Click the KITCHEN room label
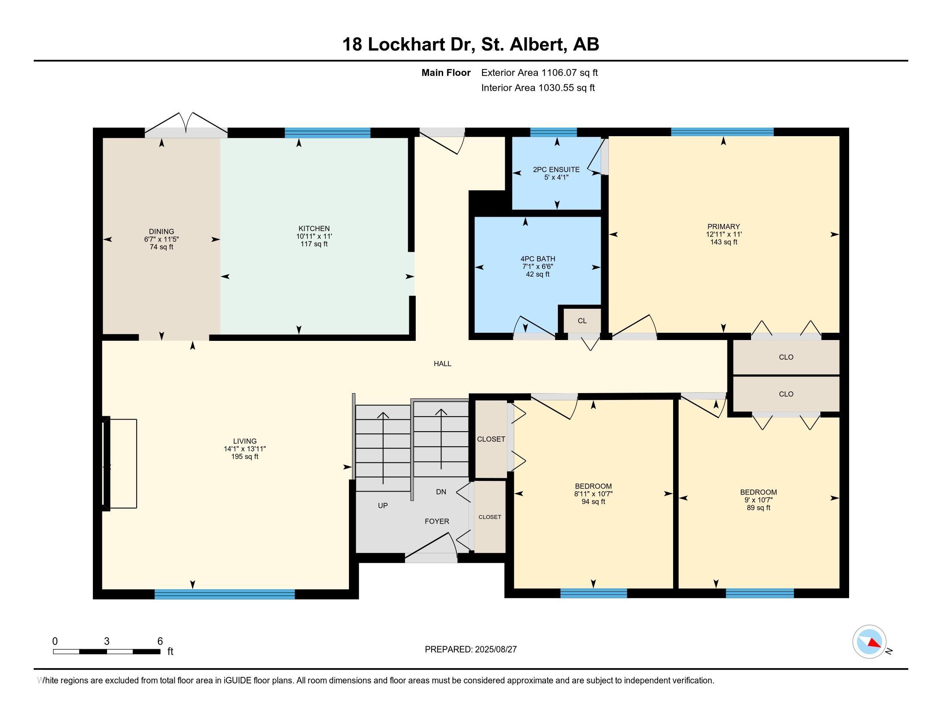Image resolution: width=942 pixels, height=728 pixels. pyautogui.click(x=314, y=229)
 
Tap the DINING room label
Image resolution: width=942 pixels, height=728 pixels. pyautogui.click(x=161, y=232)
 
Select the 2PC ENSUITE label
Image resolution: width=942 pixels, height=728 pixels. pyautogui.click(x=556, y=170)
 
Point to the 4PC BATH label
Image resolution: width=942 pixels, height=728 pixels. pyautogui.click(x=538, y=259)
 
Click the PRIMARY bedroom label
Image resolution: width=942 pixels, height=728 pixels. pyautogui.click(x=724, y=227)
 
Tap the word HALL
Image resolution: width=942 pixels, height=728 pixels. pyautogui.click(x=443, y=364)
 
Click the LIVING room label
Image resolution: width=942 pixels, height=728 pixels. pyautogui.click(x=245, y=441)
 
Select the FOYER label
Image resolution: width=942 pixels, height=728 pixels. pyautogui.click(x=437, y=522)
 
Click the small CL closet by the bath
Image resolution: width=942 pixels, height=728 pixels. pyautogui.click(x=582, y=321)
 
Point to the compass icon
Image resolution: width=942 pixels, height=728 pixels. pyautogui.click(x=870, y=642)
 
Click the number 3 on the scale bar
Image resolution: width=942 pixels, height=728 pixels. pyautogui.click(x=107, y=641)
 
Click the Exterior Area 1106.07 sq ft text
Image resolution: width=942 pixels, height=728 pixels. pyautogui.click(x=540, y=73)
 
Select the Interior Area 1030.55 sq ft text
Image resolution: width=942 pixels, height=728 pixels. pyautogui.click(x=538, y=88)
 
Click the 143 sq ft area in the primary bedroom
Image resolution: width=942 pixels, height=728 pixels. pyautogui.click(x=724, y=242)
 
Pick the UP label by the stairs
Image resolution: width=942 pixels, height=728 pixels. pyautogui.click(x=382, y=505)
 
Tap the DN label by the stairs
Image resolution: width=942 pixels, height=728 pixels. pyautogui.click(x=441, y=492)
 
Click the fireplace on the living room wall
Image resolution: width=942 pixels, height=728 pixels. pyautogui.click(x=119, y=464)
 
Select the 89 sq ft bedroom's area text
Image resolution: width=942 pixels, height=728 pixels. pyautogui.click(x=759, y=508)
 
